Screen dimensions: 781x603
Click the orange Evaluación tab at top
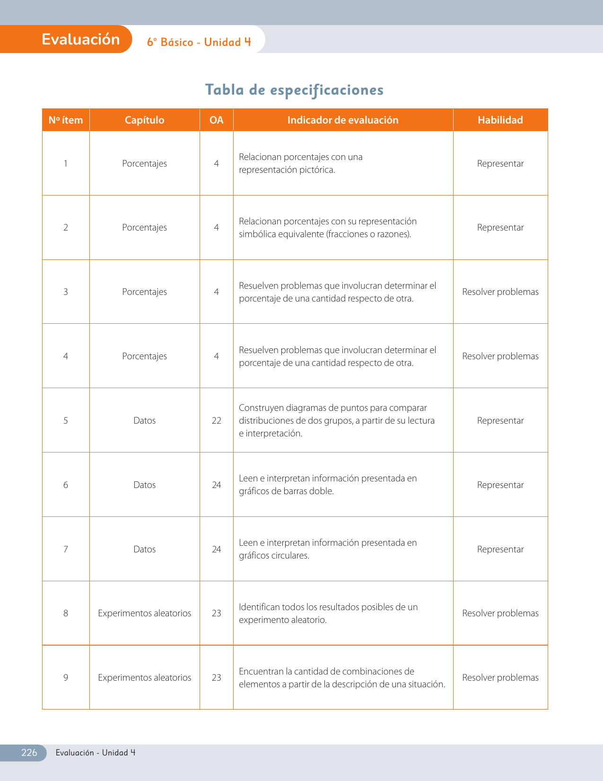pos(80,39)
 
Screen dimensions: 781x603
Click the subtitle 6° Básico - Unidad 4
pos(199,42)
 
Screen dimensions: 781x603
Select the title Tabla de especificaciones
pos(294,89)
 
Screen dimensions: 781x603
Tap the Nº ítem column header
pos(66,120)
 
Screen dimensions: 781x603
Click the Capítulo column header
pos(144,120)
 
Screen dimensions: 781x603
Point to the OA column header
pos(216,120)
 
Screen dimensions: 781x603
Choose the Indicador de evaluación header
pos(343,120)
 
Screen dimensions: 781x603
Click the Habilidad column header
pos(500,120)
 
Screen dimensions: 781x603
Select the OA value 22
pos(216,420)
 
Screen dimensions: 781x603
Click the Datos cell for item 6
pos(144,485)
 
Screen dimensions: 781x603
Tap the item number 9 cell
pos(66,677)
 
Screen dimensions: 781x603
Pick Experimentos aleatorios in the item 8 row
pos(144,613)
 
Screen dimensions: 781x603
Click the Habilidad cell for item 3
pos(500,292)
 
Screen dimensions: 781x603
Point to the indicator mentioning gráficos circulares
pos(327,549)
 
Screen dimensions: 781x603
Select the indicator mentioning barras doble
pos(327,485)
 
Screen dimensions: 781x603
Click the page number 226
pos(29,753)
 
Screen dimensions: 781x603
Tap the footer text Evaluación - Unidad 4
pos(96,753)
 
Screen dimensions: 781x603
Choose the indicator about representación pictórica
pos(301,163)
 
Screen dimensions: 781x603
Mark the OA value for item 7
pos(216,549)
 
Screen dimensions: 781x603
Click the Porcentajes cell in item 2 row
pos(144,227)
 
